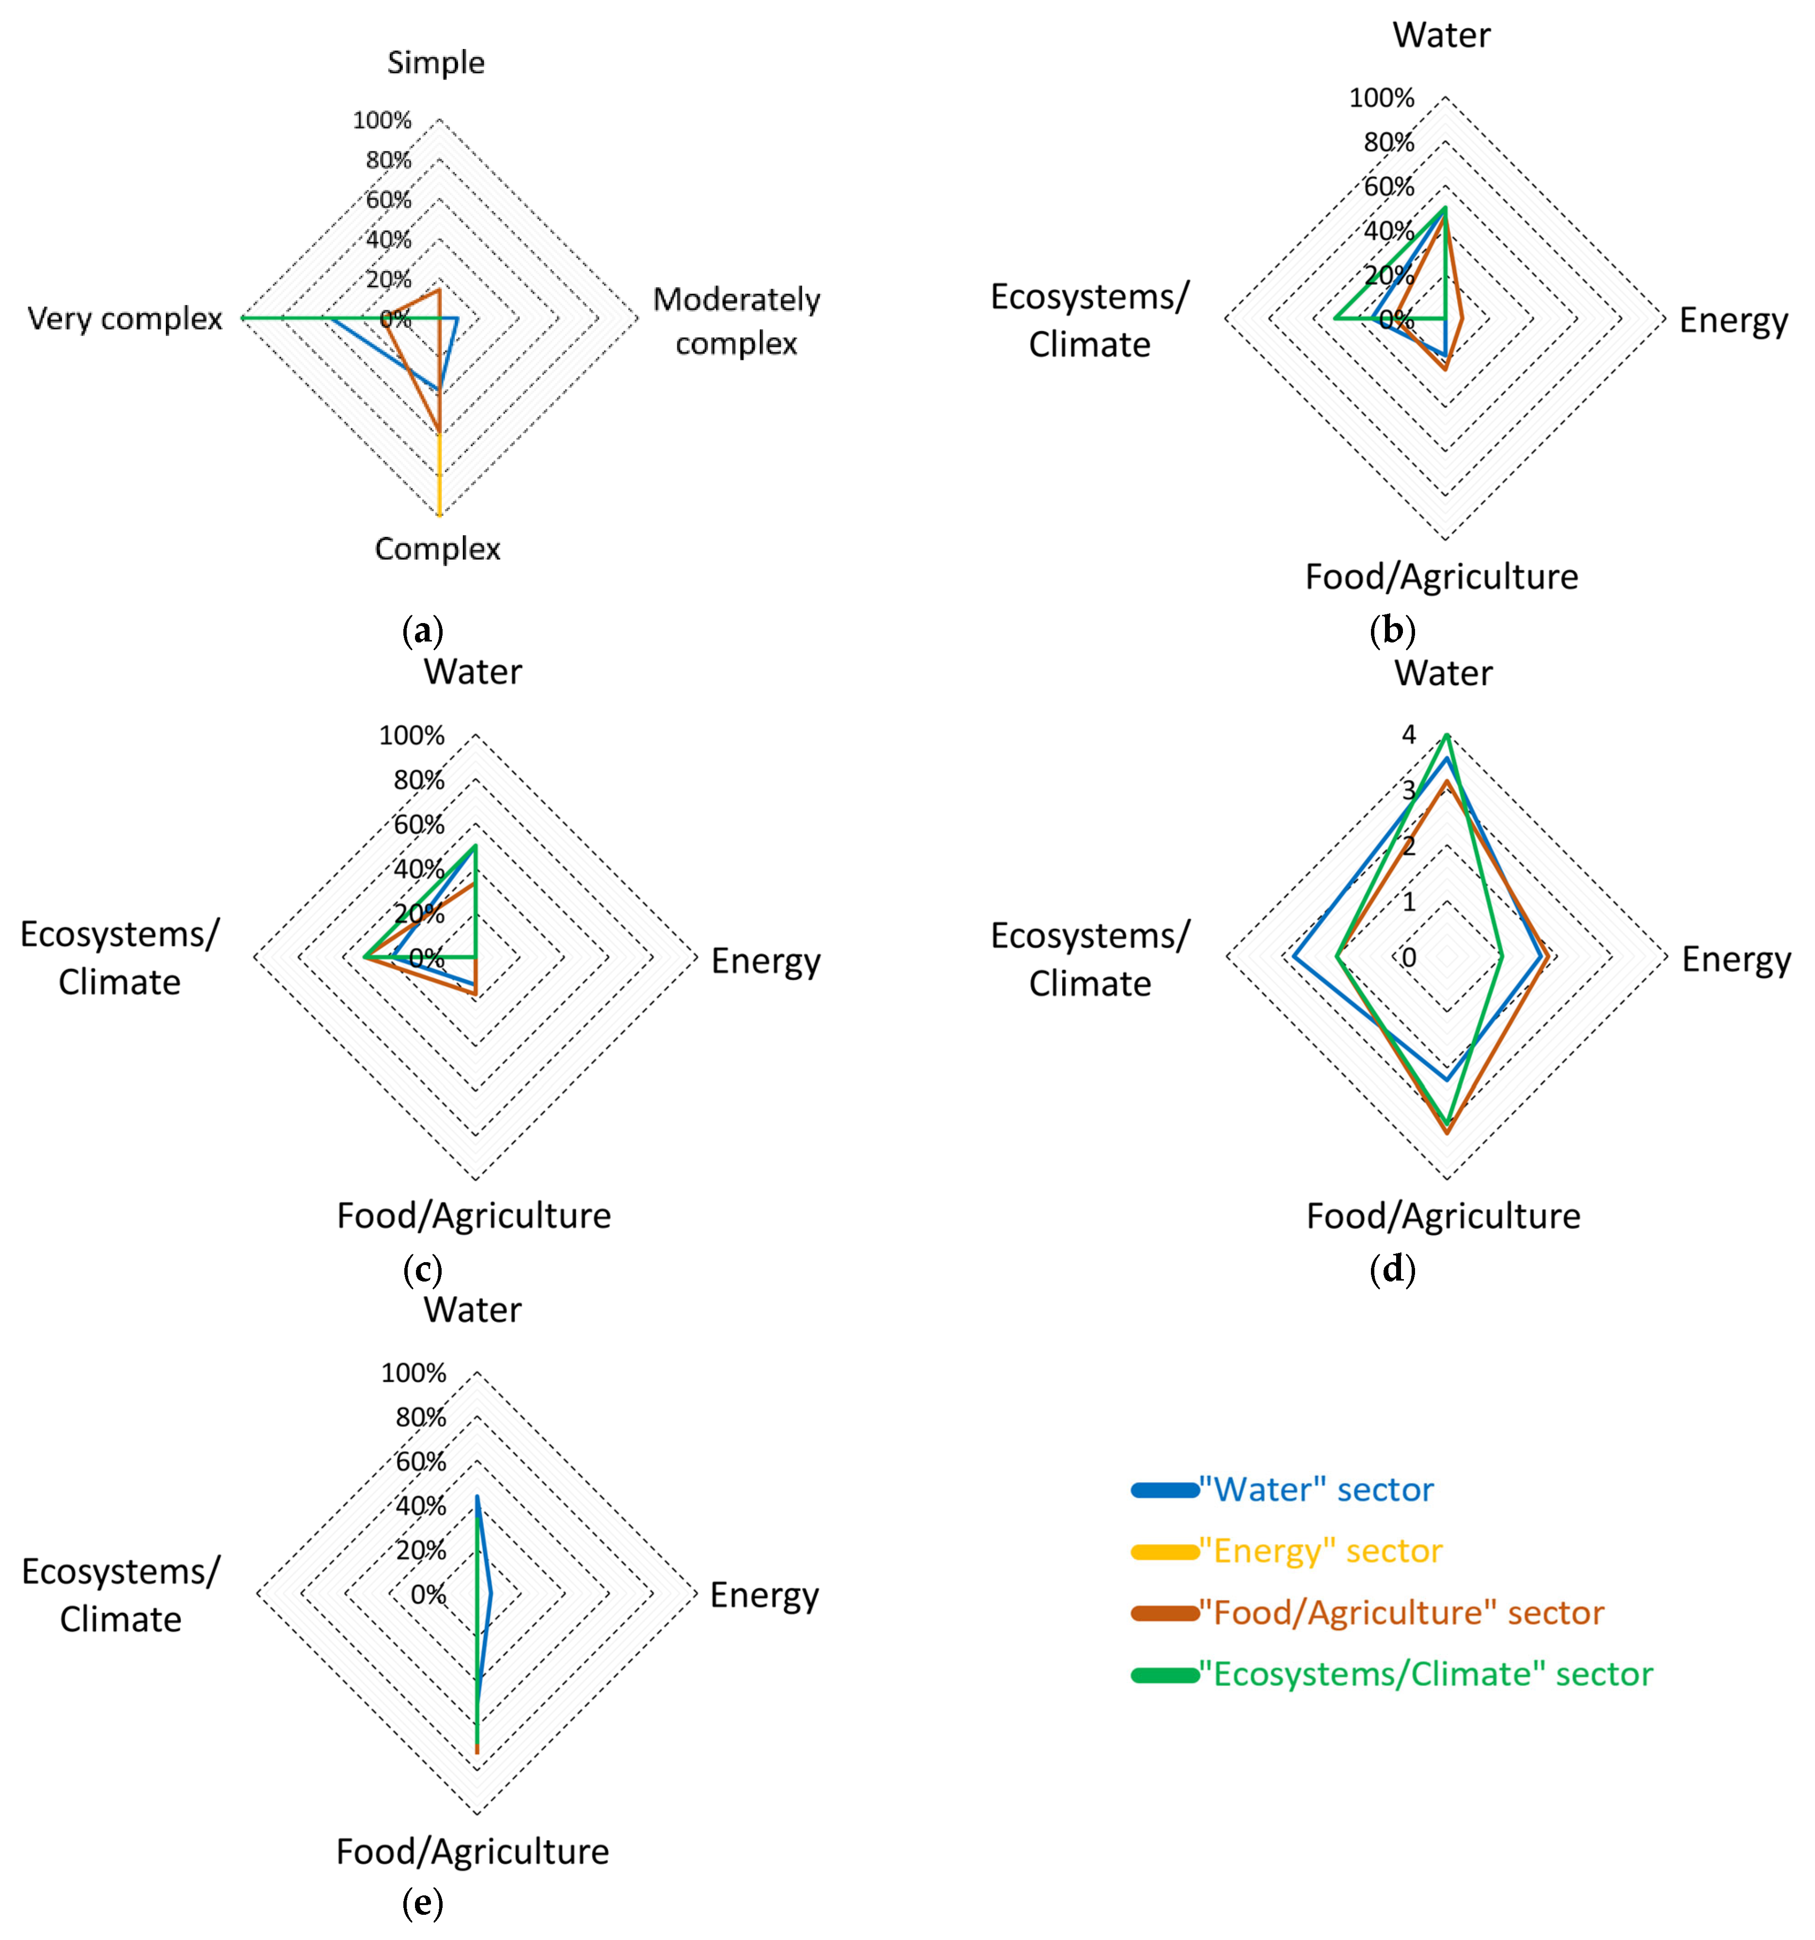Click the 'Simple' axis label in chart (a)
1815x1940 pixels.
point(435,63)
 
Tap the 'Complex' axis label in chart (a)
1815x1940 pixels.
point(437,548)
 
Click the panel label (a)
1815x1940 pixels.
point(423,630)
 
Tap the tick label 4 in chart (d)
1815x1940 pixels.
point(1408,735)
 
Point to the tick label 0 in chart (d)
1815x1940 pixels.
point(1408,957)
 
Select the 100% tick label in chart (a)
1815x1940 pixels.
point(382,120)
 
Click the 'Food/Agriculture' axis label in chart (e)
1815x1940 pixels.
point(472,1851)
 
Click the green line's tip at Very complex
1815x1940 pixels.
point(242,318)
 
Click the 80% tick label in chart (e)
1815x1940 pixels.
point(421,1417)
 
